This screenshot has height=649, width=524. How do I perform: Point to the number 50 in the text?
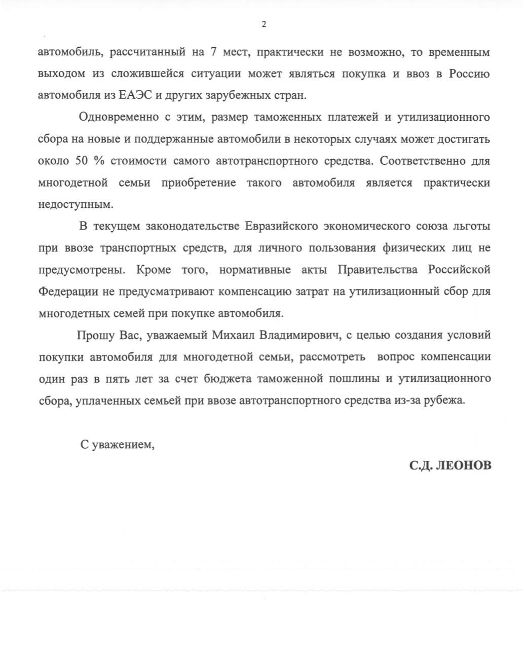point(82,161)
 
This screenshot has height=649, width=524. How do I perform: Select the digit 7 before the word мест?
point(213,52)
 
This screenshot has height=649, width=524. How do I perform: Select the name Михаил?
point(234,335)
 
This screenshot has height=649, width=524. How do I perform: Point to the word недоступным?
point(73,204)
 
